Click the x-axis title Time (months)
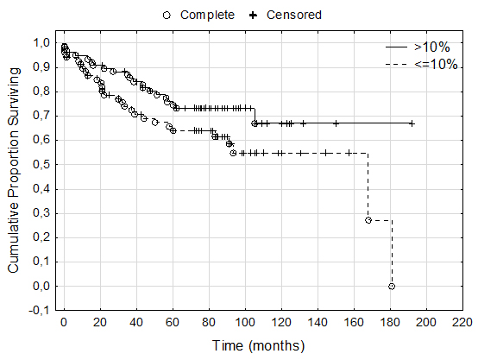258,346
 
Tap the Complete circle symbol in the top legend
167,15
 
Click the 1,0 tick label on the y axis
41,42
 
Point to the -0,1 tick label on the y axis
40,311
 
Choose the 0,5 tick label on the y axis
41,164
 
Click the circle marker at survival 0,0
392,286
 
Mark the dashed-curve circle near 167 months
368,220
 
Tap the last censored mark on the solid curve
412,123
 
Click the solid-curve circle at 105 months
255,123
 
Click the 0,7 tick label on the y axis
41,116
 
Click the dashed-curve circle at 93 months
233,153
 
